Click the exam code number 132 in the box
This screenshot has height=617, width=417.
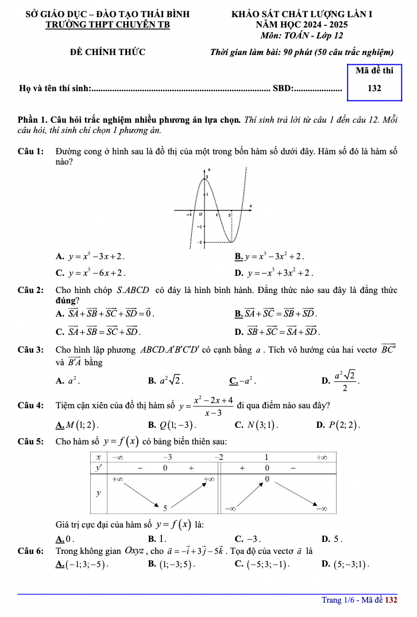pos(374,88)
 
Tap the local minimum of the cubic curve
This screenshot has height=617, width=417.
pos(232,241)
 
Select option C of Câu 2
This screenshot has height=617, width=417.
pos(101,331)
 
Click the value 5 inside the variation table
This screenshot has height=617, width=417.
pos(165,507)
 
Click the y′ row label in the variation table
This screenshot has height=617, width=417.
pos(98,468)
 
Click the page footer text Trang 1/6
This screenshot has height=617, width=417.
pos(339,600)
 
